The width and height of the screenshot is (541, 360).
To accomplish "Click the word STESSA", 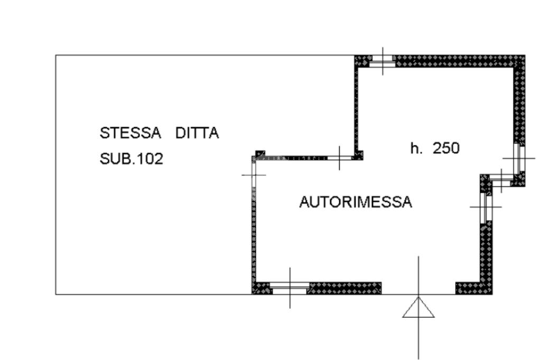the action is point(130,133).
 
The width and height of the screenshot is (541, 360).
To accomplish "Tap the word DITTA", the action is point(197,133).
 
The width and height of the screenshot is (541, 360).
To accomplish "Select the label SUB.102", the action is point(132,159).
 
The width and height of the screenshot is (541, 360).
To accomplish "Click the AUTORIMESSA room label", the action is point(356,202).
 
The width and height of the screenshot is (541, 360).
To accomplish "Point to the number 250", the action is point(446,148).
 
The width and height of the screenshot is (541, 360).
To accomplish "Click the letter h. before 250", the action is point(416,148).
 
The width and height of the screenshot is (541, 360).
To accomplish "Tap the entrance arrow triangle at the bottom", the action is point(418,307).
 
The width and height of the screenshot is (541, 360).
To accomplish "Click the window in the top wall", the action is point(383,61).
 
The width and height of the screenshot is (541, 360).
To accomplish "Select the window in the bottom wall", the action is point(290,288).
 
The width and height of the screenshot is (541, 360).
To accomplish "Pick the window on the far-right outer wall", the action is point(519,158).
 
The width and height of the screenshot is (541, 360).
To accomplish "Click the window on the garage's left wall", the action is point(254,175).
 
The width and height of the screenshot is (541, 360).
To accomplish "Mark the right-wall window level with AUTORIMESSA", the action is point(486,207).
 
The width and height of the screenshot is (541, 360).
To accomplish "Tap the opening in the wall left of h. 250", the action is point(340,158).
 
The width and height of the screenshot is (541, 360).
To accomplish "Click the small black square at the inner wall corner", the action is point(260,154).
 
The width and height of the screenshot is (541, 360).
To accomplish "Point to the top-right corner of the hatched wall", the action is point(525,55).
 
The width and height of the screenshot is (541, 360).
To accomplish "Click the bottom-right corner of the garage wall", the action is point(492,294).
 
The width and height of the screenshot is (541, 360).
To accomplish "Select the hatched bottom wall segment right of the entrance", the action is point(473,288).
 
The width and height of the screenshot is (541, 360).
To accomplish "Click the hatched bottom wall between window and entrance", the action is point(346,288).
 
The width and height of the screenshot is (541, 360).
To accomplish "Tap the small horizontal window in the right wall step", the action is point(501,178).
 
